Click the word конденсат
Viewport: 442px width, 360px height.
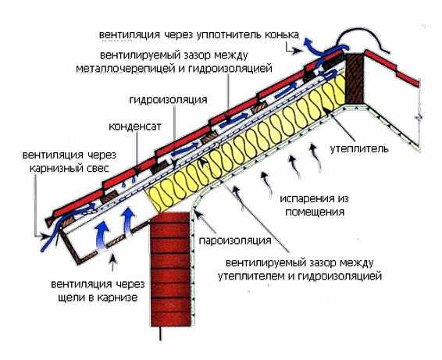[135, 127]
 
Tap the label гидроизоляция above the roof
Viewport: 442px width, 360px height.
[168, 100]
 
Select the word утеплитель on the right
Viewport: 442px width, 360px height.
[359, 148]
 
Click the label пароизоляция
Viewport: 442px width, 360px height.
[235, 241]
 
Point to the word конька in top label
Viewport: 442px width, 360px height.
[281, 35]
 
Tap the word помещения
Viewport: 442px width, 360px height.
[315, 212]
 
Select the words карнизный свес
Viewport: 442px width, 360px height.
[69, 169]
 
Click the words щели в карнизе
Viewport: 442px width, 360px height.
[98, 298]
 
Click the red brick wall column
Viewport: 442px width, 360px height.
[170, 269]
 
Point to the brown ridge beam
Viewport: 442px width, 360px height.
[355, 78]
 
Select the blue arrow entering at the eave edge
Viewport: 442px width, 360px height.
[54, 233]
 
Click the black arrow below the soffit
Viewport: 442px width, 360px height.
[112, 262]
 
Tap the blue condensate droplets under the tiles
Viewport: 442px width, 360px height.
[129, 182]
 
